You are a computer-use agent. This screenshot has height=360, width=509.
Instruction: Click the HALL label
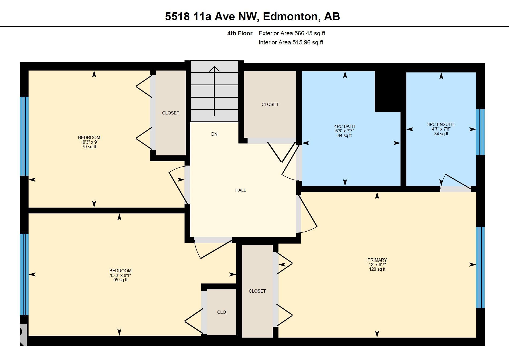click(240, 190)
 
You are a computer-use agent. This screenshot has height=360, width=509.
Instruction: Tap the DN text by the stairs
click(214, 134)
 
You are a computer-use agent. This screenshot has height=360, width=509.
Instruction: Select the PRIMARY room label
click(377, 260)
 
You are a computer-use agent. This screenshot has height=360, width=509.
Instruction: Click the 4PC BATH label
click(345, 126)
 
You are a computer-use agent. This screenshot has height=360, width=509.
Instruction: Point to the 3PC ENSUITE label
click(441, 124)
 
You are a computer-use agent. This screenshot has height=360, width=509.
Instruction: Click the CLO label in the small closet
click(222, 312)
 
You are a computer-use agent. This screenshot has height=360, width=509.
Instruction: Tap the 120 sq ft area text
click(377, 269)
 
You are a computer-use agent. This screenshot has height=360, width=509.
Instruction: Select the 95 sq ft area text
click(120, 280)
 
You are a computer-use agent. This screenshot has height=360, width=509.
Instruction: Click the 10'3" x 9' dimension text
click(89, 142)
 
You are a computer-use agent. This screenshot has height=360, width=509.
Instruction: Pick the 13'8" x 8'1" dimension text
click(120, 275)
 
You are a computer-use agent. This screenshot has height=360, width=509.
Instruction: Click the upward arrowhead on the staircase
click(214, 69)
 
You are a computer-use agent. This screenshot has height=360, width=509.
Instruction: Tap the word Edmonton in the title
click(290, 17)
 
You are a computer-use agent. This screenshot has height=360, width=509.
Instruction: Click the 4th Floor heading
click(240, 33)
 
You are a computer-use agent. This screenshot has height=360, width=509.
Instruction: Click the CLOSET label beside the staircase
click(270, 104)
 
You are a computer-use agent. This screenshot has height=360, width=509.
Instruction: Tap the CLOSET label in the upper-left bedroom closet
click(170, 113)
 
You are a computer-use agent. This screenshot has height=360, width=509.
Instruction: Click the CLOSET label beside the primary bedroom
click(257, 291)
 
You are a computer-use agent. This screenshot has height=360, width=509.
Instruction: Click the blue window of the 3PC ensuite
click(480, 132)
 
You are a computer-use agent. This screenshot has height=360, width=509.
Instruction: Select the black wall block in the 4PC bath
click(388, 91)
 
